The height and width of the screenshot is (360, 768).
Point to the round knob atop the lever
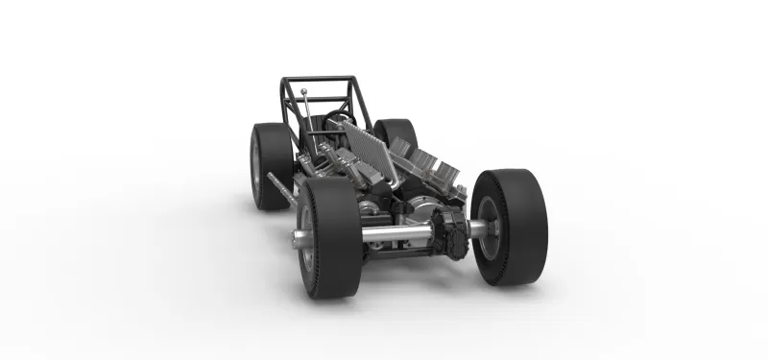point(303,92)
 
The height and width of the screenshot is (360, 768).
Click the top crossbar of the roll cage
point(317,80)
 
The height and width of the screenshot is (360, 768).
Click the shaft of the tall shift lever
point(307,120)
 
